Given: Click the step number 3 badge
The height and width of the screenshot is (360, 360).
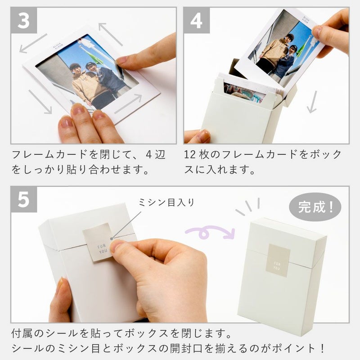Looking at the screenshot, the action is pyautogui.click(x=24, y=20).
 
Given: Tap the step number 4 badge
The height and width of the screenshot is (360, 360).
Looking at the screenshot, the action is pyautogui.click(x=197, y=20).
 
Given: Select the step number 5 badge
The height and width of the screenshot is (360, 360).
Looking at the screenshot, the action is pyautogui.click(x=24, y=199).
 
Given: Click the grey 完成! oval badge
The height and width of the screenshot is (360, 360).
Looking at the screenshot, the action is pyautogui.click(x=315, y=207).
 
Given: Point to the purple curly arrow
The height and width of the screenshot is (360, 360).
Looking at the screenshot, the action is pyautogui.click(x=210, y=232).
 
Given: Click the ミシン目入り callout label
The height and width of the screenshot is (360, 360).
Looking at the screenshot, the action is pyautogui.click(x=166, y=202).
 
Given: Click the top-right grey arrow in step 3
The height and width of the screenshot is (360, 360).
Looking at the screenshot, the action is pyautogui.click(x=111, y=34).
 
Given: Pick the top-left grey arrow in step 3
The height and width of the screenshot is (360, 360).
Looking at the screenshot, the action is pyautogui.click(x=33, y=43).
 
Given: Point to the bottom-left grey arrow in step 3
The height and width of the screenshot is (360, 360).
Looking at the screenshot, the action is pyautogui.click(x=40, y=102).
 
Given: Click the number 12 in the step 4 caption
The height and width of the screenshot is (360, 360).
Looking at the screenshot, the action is pyautogui.click(x=189, y=154).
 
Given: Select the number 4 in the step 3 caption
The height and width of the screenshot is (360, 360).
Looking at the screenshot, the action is pyautogui.click(x=149, y=154).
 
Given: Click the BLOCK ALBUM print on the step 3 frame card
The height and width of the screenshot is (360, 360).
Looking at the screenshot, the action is pyautogui.click(x=57, y=46).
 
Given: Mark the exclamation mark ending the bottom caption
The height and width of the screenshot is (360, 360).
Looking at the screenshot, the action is pyautogui.click(x=323, y=348).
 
